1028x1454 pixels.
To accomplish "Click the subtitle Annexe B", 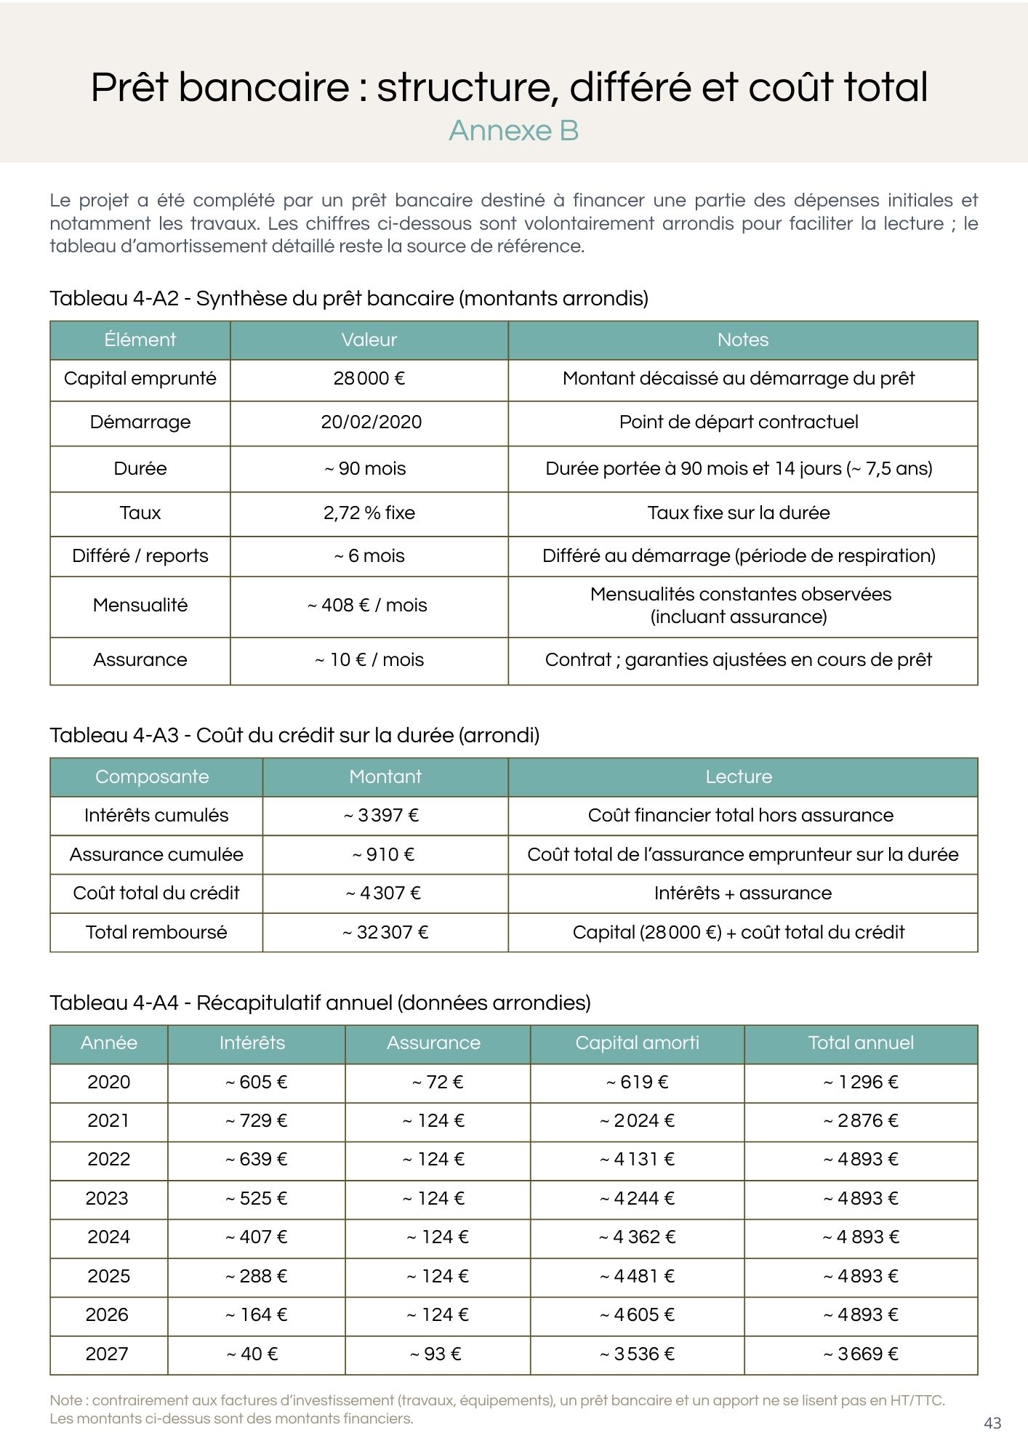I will (513, 131).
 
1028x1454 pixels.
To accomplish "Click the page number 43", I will (992, 1423).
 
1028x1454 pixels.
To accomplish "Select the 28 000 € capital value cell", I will (369, 379).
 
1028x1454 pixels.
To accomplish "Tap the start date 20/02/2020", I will (371, 422).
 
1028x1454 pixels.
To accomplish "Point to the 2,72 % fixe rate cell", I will (369, 513).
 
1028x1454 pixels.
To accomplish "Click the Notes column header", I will (742, 340).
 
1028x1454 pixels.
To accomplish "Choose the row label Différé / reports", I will (140, 556).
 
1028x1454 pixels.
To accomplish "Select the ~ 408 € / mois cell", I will (367, 606).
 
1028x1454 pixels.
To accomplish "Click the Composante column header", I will (152, 776).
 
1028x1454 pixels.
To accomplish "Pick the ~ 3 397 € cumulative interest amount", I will (382, 816).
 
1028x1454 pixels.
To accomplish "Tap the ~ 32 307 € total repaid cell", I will (385, 933).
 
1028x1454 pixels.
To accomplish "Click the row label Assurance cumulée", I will (156, 855).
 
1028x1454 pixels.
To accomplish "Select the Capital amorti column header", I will (637, 1043).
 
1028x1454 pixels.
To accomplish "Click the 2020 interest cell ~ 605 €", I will (256, 1083).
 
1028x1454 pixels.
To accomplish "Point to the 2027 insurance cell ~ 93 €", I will (435, 1354).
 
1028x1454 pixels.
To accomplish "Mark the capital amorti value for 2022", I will (637, 1160).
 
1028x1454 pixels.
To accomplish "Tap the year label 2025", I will (108, 1277).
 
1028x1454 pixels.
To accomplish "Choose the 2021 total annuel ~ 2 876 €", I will (861, 1121).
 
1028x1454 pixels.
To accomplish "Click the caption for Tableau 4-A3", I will (294, 736).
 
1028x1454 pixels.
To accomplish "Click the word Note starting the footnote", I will (65, 1400).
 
